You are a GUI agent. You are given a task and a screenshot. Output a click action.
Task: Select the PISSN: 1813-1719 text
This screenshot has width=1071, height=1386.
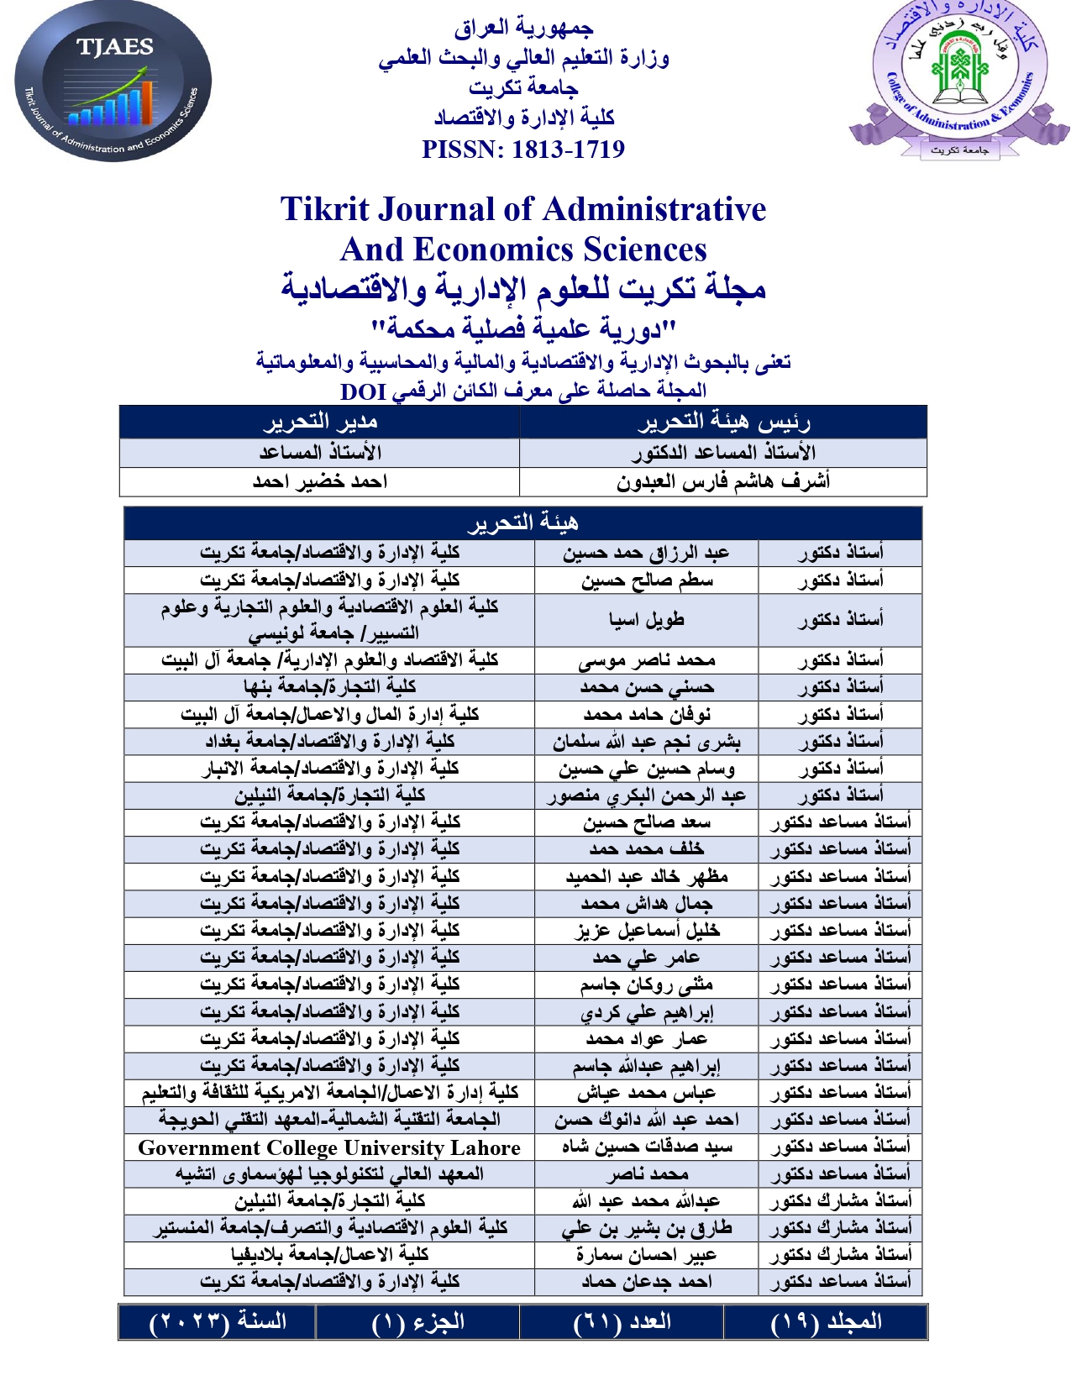[523, 150]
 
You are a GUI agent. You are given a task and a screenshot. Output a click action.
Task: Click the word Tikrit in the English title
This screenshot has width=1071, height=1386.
[323, 209]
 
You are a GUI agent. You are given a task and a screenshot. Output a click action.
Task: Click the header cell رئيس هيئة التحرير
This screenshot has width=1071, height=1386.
[723, 422]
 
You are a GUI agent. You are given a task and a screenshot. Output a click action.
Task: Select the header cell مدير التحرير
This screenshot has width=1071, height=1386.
[320, 422]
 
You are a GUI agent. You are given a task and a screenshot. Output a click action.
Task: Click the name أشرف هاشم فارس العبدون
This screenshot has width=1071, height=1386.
[723, 482]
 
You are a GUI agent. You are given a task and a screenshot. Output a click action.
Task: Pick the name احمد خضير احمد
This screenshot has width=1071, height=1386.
[320, 482]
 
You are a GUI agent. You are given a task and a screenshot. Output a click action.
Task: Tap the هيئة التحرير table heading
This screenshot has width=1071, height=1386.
[522, 523]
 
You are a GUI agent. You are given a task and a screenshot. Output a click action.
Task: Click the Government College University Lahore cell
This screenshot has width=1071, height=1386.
[329, 1147]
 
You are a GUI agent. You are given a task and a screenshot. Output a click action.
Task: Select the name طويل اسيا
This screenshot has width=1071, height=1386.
[646, 620]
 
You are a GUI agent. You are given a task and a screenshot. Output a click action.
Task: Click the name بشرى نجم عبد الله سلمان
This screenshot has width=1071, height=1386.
[646, 742]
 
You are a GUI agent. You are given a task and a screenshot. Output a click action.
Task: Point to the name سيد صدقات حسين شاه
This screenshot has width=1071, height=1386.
[646, 1147]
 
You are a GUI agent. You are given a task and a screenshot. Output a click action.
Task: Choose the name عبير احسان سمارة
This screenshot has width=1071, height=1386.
[646, 1255]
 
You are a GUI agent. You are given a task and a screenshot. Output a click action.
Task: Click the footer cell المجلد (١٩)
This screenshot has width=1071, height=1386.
[826, 1322]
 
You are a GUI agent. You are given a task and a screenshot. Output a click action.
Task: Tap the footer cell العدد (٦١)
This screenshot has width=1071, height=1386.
[622, 1322]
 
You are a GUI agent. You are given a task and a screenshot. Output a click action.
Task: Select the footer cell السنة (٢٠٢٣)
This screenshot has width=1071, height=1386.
[218, 1322]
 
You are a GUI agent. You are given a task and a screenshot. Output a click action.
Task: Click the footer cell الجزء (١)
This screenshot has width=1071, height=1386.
[417, 1322]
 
